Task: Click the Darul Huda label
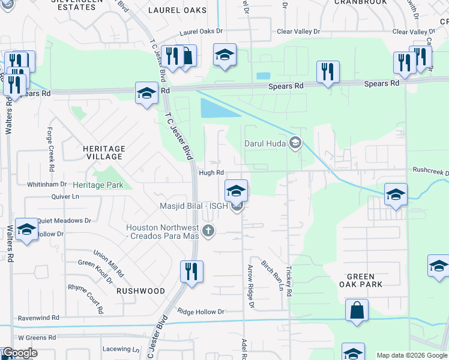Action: (265, 143)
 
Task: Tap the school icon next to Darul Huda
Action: (295, 143)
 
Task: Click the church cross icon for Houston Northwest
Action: (208, 231)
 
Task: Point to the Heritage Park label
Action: (98, 185)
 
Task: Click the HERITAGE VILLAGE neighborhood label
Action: (104, 152)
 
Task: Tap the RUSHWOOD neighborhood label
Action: (140, 290)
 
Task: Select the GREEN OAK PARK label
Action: (365, 280)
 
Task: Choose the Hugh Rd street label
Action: (207, 173)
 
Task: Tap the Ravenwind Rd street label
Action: (38, 317)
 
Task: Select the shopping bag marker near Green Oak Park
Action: (357, 311)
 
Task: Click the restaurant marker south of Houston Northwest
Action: (191, 272)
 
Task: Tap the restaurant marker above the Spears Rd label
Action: (328, 72)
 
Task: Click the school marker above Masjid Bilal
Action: (237, 191)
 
